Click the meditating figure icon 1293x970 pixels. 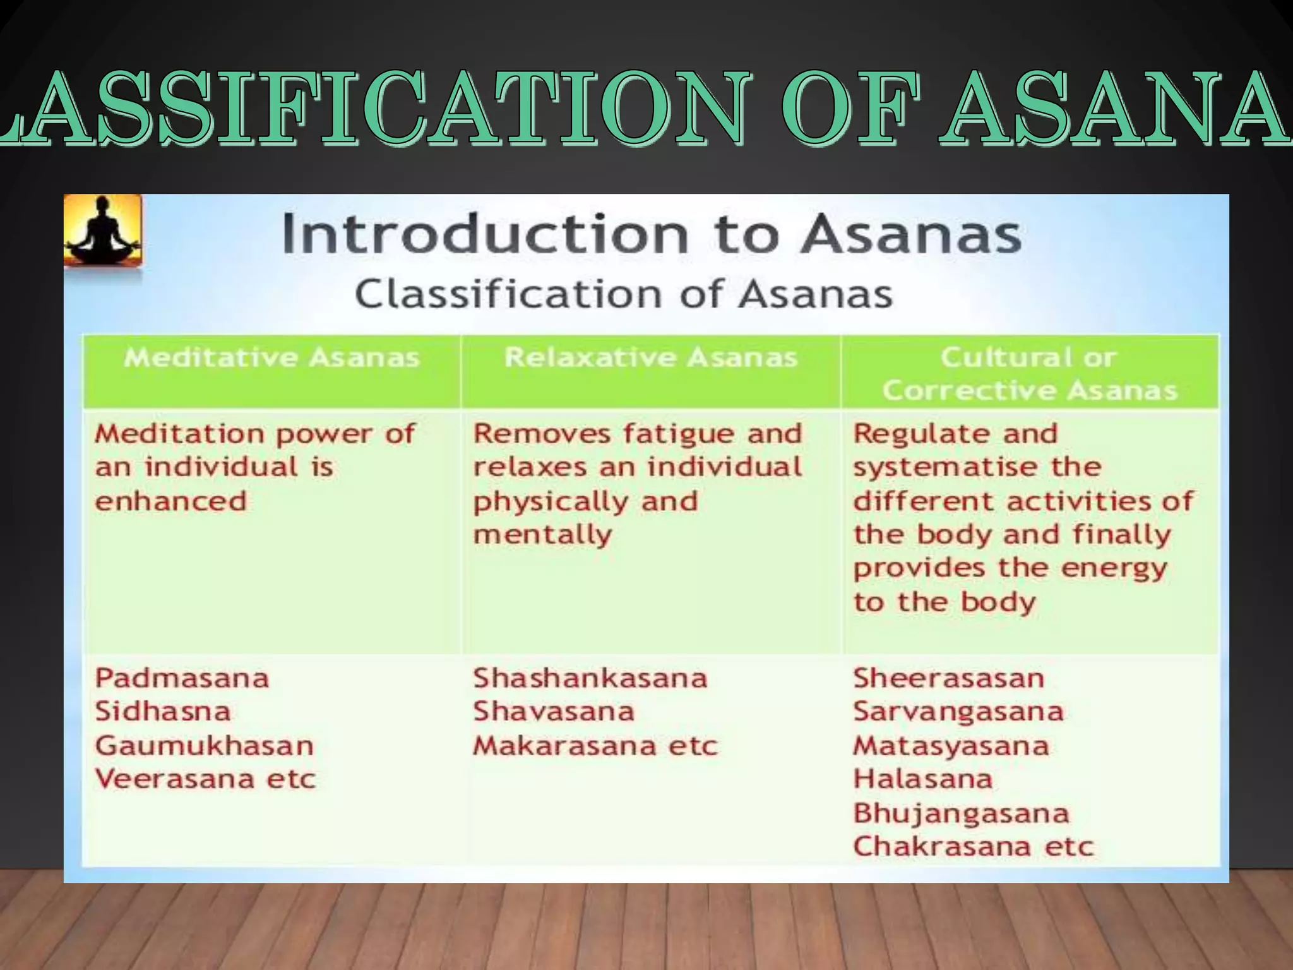(103, 231)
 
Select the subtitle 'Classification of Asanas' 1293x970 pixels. (623, 294)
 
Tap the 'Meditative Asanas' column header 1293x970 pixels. (271, 358)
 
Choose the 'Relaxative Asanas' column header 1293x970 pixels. (651, 358)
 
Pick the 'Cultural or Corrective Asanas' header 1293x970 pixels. (1029, 374)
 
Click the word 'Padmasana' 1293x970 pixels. (182, 678)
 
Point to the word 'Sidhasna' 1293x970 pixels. (163, 712)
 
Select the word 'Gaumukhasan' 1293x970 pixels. (204, 746)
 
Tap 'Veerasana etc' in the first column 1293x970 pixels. (205, 779)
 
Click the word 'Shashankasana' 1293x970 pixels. (590, 678)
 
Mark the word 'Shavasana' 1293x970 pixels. (554, 712)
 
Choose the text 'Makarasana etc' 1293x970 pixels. (595, 746)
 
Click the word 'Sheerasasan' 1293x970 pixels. (948, 678)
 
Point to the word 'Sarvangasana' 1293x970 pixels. (958, 712)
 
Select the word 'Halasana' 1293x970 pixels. (922, 779)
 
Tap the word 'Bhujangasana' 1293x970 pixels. (961, 813)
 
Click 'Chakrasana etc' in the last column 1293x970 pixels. (973, 846)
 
